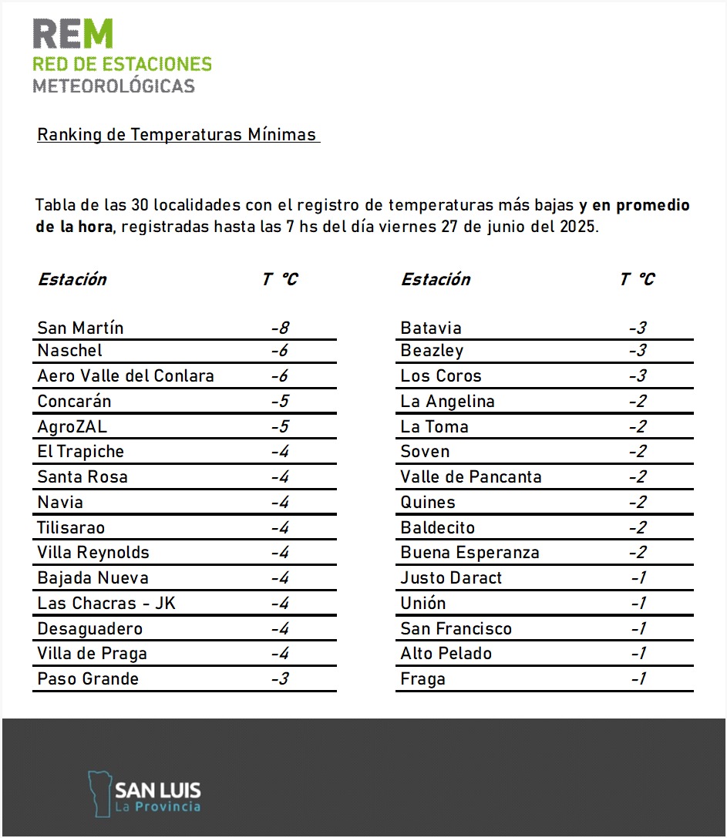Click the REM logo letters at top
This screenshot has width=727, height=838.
click(x=72, y=34)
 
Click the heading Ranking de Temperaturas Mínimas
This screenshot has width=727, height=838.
click(x=177, y=135)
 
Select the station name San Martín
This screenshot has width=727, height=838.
click(x=80, y=328)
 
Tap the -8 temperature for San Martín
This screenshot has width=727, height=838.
click(x=280, y=328)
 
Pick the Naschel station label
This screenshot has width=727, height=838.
click(x=69, y=351)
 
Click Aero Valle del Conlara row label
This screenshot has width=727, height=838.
click(x=126, y=376)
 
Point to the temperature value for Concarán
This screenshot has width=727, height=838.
click(x=280, y=402)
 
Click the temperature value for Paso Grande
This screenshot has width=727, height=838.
click(x=280, y=679)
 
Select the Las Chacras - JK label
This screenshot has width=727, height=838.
click(x=106, y=603)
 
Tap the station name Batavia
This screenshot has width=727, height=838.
click(x=431, y=328)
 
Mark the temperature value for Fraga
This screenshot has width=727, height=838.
click(x=638, y=679)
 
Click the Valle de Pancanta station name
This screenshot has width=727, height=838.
click(x=470, y=476)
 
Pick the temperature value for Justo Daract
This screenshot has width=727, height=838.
click(x=638, y=578)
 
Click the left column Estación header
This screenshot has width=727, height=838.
click(x=72, y=279)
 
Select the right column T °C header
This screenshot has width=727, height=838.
click(x=637, y=279)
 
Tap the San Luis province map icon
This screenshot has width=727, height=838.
click(x=99, y=792)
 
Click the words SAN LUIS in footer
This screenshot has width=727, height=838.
click(x=157, y=789)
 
